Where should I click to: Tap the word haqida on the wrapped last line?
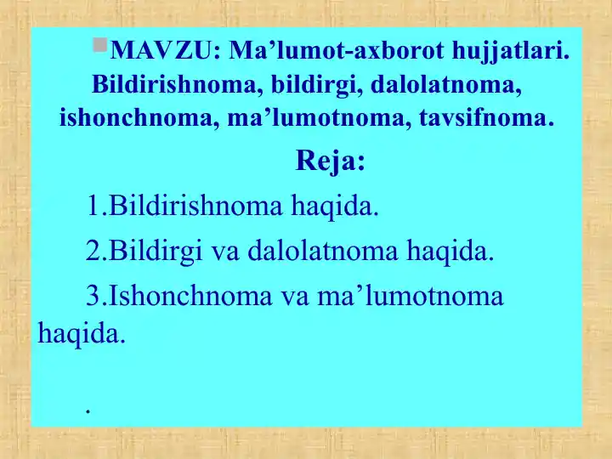[82, 333]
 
